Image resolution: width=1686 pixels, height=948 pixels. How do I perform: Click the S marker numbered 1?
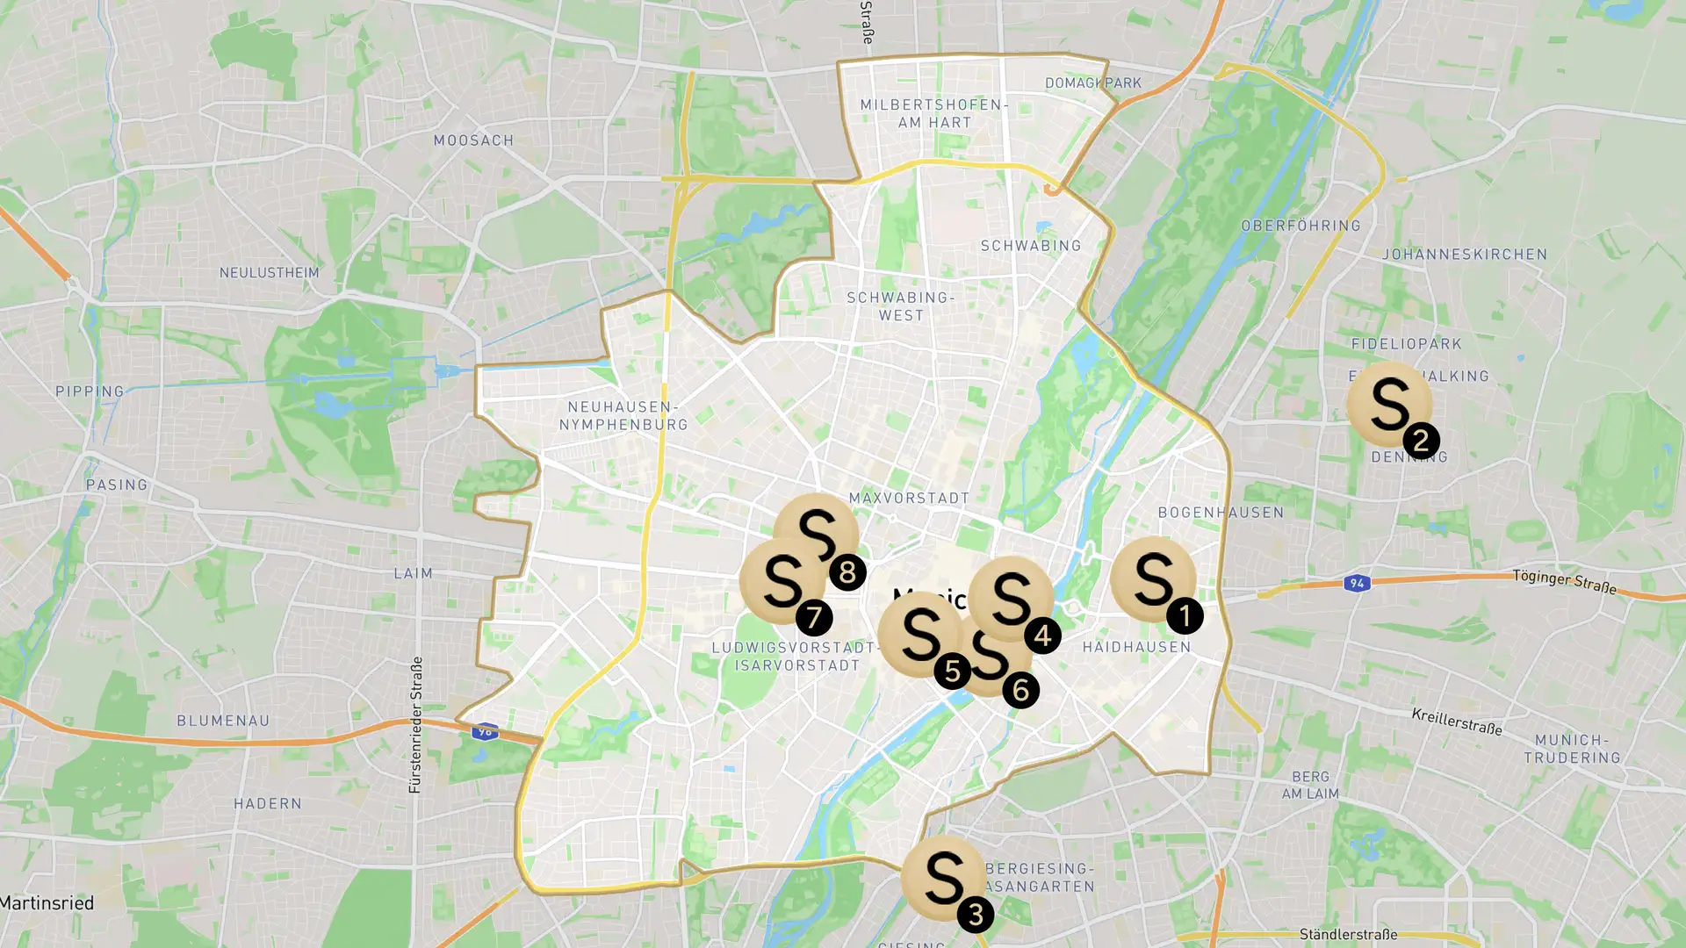coord(1152,579)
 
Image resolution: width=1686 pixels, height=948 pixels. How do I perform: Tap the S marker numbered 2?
coord(1389,405)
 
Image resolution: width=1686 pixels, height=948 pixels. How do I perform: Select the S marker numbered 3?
coord(943,878)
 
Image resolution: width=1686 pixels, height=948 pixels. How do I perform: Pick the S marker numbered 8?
coord(816,535)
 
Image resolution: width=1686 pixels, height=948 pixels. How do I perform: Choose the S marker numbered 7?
coord(782,580)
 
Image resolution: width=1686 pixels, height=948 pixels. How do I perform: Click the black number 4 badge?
coord(1043,636)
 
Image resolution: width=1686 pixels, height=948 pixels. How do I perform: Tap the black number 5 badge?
coord(952,671)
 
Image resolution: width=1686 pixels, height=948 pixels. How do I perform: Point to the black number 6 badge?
coord(1020,690)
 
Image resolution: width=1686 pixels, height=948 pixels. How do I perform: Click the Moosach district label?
coord(473,140)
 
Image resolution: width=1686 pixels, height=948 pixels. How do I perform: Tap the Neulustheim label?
coord(269,273)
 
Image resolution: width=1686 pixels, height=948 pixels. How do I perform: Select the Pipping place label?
coord(90,391)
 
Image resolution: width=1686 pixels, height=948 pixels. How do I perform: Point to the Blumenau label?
coord(223,721)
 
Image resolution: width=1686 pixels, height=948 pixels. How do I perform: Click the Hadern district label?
coord(267,804)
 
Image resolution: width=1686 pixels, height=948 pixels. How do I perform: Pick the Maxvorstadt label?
coord(909,499)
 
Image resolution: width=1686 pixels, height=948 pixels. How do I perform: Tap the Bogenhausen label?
coord(1221,513)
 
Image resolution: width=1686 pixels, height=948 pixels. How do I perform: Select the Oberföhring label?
coord(1301,226)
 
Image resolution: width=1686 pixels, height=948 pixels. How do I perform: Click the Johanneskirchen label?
coord(1465,255)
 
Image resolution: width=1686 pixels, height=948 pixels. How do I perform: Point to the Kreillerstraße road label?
coord(1456,722)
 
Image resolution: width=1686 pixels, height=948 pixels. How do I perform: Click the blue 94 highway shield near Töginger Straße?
coord(1357,584)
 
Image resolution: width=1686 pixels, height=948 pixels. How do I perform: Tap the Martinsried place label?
coord(47,903)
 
